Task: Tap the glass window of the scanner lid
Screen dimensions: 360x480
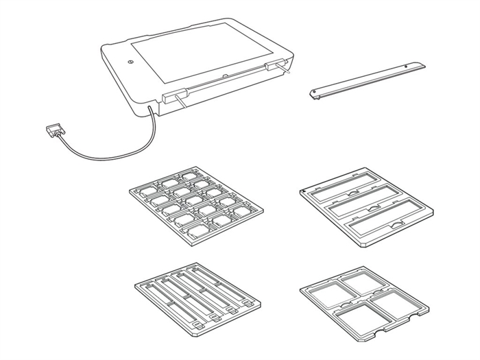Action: (x=206, y=62)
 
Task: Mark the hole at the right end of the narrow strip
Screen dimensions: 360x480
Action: (x=411, y=67)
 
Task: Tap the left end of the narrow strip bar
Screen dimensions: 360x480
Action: (x=316, y=94)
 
